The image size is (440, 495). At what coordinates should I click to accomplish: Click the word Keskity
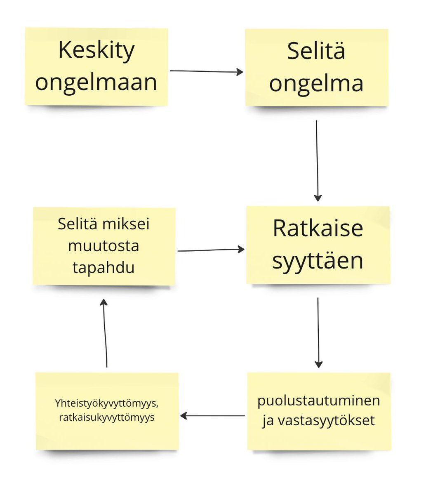[96, 50]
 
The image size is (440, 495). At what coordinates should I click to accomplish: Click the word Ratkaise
[318, 228]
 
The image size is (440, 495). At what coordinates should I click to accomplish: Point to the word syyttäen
[318, 261]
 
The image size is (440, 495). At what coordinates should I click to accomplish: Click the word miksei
[126, 224]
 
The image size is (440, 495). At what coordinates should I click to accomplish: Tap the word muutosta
[104, 246]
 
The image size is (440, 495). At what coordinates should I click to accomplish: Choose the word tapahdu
[104, 268]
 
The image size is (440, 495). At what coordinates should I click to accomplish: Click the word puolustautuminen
[319, 401]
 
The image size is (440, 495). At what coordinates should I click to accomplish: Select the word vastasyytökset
[326, 421]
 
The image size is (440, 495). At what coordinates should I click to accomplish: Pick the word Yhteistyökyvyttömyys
[107, 403]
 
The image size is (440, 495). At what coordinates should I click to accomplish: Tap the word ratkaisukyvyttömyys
[107, 417]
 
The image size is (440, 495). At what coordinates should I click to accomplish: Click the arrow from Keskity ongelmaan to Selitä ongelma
[206, 71]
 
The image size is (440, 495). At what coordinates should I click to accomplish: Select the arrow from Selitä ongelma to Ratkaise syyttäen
[317, 161]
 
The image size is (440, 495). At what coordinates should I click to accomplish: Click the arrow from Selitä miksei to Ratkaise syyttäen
[211, 250]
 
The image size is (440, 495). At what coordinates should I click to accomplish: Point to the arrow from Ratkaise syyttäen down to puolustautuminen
[318, 332]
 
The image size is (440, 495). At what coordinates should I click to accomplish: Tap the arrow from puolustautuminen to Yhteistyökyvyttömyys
[213, 416]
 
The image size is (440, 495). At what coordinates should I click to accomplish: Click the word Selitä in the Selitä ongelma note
[316, 51]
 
